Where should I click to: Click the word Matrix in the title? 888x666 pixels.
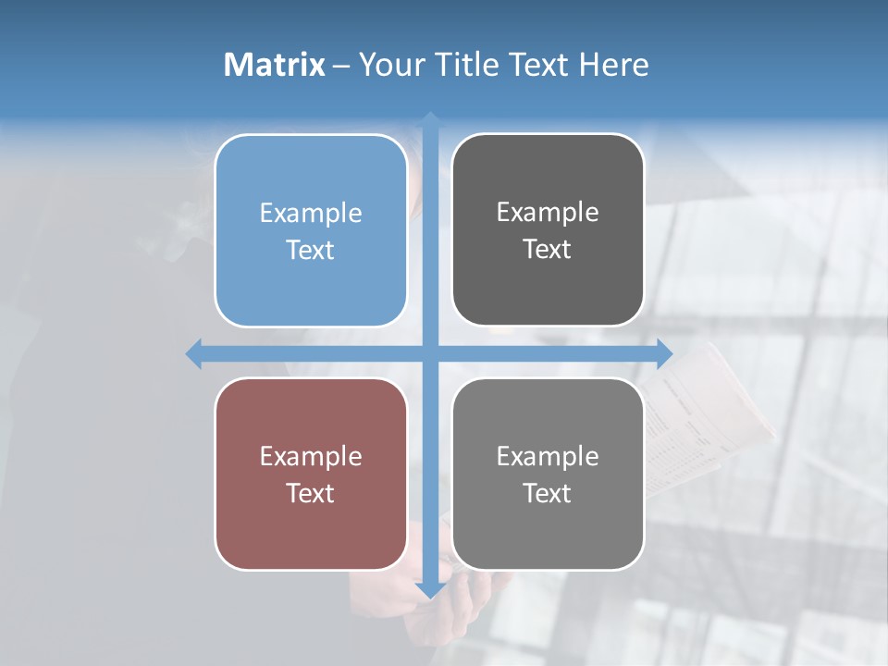[x=274, y=65]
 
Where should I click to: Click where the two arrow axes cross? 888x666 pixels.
[x=430, y=353]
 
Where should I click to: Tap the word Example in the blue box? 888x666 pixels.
[x=311, y=214]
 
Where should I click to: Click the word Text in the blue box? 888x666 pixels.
[x=311, y=251]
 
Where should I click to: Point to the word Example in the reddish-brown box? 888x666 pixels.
[x=311, y=456]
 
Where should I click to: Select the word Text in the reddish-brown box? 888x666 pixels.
[x=311, y=493]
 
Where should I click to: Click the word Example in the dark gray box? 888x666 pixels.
[x=548, y=213]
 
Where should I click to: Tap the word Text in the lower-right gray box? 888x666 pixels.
[x=548, y=493]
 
